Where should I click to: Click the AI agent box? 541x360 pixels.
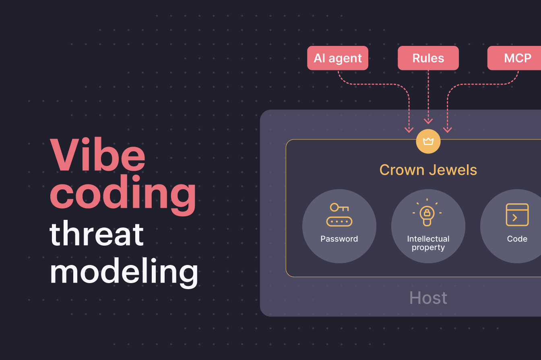[x=338, y=58]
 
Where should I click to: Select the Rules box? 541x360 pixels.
[x=428, y=58]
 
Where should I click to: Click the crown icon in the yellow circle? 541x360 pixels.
[x=428, y=141]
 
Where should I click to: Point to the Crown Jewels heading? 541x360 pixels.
[x=428, y=170]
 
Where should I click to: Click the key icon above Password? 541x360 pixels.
[x=339, y=208]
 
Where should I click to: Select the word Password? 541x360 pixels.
[x=339, y=239]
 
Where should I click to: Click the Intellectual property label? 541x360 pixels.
[x=428, y=243]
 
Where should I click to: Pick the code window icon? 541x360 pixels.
[x=517, y=215]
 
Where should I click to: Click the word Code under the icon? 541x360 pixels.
[x=517, y=239]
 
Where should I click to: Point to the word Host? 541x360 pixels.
[x=428, y=298]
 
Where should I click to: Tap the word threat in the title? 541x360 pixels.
[x=97, y=234]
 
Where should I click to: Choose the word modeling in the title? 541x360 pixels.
[x=124, y=272]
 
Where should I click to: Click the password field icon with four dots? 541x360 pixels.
[x=339, y=221]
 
